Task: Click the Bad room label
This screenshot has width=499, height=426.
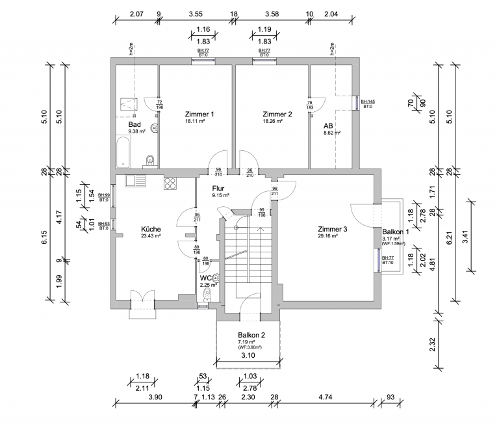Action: pyautogui.click(x=134, y=124)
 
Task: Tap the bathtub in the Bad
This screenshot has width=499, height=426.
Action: pyautogui.click(x=123, y=150)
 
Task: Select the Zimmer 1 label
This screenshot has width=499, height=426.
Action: pyautogui.click(x=199, y=114)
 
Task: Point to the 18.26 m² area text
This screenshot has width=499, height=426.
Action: pyautogui.click(x=277, y=121)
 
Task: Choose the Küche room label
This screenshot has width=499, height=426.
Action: pyautogui.click(x=151, y=229)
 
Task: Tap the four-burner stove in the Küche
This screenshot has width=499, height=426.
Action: pyautogui.click(x=171, y=183)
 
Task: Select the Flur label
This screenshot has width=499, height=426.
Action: pyautogui.click(x=219, y=188)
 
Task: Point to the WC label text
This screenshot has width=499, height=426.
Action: pyautogui.click(x=205, y=278)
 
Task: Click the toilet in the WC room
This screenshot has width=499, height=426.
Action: pyautogui.click(x=207, y=295)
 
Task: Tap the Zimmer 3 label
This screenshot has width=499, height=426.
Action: pyautogui.click(x=333, y=229)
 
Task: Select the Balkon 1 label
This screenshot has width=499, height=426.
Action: pyautogui.click(x=395, y=232)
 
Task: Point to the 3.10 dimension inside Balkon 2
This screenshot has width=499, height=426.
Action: pyautogui.click(x=247, y=356)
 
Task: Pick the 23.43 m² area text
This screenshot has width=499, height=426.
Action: pyautogui.click(x=151, y=236)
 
